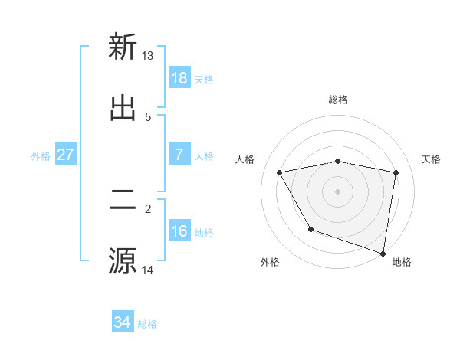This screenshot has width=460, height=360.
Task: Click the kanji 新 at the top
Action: (x=123, y=47)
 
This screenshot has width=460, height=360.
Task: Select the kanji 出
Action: (x=123, y=108)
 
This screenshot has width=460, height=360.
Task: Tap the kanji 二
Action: (x=123, y=200)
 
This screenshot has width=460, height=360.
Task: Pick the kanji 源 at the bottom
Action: (x=123, y=260)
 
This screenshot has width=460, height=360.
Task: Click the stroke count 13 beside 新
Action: (x=148, y=56)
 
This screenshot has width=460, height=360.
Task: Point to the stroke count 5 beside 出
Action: (x=148, y=117)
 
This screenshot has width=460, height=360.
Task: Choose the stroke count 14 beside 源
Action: (x=148, y=270)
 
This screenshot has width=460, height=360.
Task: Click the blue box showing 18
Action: (x=179, y=78)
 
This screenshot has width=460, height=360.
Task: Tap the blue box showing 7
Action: (x=179, y=155)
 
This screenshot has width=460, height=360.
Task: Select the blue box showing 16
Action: (x=179, y=231)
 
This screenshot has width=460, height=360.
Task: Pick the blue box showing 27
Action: (x=66, y=155)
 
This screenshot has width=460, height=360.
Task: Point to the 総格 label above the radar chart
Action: (x=338, y=100)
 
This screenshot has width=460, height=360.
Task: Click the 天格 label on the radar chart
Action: (x=432, y=159)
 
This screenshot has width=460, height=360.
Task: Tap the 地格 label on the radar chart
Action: (x=402, y=262)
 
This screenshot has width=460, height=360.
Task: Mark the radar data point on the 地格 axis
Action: (x=383, y=253)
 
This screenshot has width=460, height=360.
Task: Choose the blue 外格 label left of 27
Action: (x=41, y=155)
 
